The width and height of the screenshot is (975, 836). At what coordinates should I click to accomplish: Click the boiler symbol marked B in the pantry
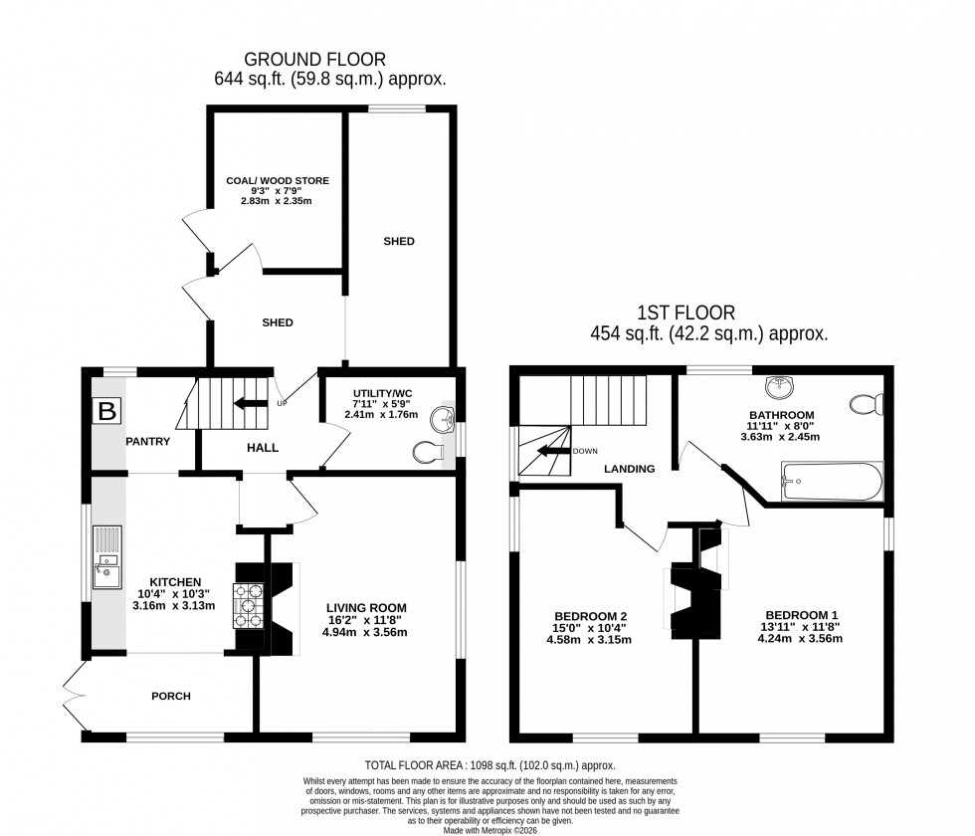pos(105,409)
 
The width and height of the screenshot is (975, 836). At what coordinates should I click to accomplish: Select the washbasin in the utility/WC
pos(444,420)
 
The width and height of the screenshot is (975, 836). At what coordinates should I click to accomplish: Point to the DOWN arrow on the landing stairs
pos(553,451)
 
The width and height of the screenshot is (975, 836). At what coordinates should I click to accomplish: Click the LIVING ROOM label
pos(367,607)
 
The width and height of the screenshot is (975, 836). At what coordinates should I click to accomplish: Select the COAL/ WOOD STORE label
pos(277,180)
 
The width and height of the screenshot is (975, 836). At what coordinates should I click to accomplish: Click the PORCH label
pos(170,696)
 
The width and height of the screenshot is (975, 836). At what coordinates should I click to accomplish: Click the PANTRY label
pos(148,441)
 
